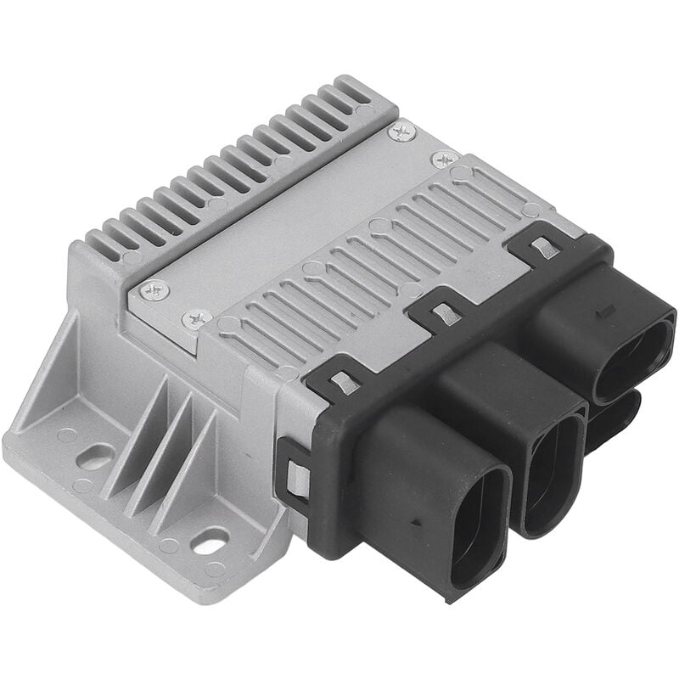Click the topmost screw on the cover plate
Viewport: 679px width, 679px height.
pyautogui.click(x=401, y=132)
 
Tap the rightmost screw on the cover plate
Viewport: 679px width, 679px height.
pyautogui.click(x=444, y=159)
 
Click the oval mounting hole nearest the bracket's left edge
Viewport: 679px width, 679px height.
pyautogui.click(x=94, y=457)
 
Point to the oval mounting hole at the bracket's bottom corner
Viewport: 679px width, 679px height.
pyautogui.click(x=210, y=540)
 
